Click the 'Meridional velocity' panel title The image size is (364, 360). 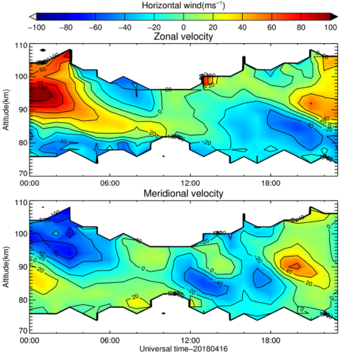click(x=183, y=193)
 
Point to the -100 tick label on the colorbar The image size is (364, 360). click(x=36, y=26)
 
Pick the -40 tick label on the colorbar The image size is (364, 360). click(x=124, y=26)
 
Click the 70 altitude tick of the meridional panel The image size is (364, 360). click(x=20, y=331)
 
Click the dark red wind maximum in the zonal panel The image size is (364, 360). click(x=46, y=96)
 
